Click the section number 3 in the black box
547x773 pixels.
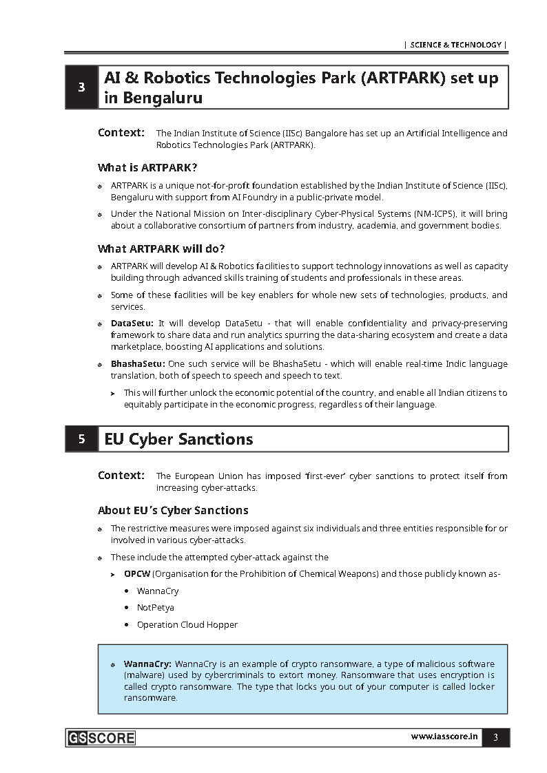point(82,87)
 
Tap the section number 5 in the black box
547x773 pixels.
point(82,439)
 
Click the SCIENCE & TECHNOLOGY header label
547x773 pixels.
point(455,45)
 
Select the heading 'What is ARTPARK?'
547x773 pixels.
point(147,167)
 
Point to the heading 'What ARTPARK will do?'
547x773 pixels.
point(161,248)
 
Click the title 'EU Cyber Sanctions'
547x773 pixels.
point(178,439)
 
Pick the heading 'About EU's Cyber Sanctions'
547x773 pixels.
point(173,510)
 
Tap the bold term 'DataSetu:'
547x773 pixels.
point(132,323)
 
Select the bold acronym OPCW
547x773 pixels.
point(136,573)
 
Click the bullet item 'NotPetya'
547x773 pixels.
point(155,608)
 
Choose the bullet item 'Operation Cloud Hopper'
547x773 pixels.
point(187,625)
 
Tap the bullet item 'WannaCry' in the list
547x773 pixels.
point(157,591)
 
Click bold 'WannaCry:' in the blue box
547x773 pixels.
point(147,664)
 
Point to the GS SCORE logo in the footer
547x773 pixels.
point(101,738)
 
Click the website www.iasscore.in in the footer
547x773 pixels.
point(444,737)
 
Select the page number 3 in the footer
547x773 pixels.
point(495,738)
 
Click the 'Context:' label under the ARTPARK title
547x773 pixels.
point(121,132)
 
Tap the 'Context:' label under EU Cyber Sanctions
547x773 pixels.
point(121,475)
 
